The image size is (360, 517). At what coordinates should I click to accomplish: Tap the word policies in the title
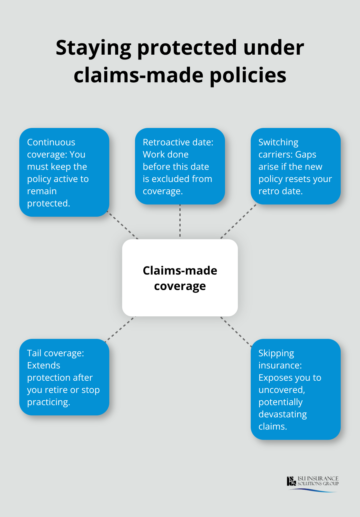click(248, 76)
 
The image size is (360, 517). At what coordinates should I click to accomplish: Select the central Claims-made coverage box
click(180, 278)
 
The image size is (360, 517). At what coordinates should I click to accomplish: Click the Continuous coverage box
click(64, 172)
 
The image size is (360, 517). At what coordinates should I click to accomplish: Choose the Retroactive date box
click(180, 166)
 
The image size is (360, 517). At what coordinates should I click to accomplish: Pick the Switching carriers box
click(295, 166)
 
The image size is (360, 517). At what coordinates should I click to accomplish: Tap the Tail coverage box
click(64, 377)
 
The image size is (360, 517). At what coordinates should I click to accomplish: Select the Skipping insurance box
click(295, 389)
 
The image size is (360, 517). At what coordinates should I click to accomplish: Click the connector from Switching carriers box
click(238, 222)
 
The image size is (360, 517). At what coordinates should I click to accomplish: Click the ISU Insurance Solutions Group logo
click(313, 483)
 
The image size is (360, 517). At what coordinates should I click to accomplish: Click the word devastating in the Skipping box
click(283, 414)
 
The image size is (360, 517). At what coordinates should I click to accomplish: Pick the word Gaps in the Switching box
click(306, 154)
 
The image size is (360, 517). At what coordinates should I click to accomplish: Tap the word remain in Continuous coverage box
click(42, 191)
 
